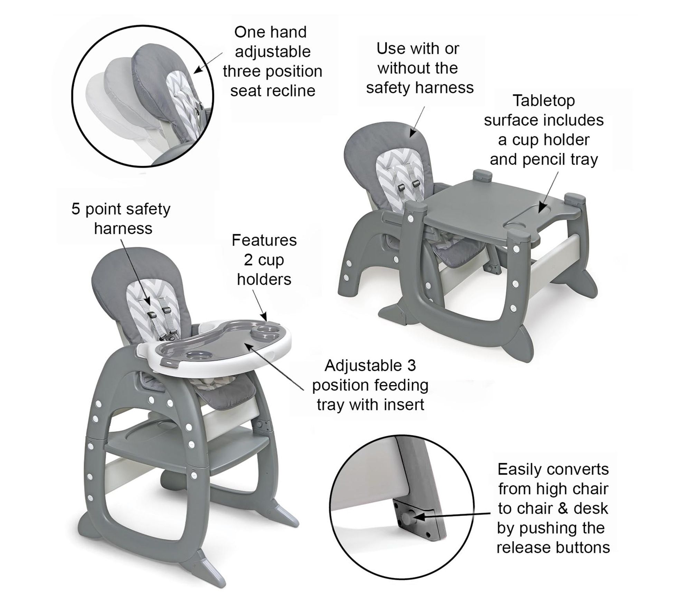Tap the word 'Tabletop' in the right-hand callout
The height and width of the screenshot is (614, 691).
coord(543,101)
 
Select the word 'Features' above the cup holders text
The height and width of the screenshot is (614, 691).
coord(264,240)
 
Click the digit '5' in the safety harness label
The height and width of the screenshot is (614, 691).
coord(76,209)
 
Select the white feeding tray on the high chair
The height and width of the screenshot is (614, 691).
coord(214,349)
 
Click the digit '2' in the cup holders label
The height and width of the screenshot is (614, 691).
coord(248,260)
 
